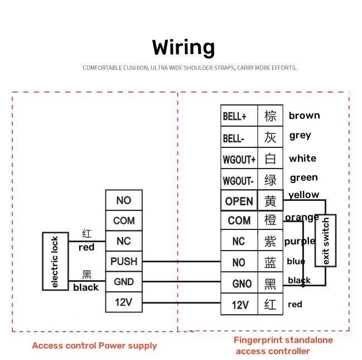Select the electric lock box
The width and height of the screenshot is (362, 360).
tap(54, 262)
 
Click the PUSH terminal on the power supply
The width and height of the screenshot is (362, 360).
tap(123, 261)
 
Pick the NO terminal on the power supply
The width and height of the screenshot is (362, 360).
tap(123, 200)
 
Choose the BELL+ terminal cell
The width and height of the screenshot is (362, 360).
tap(239, 116)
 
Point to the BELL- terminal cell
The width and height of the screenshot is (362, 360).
tap(239, 137)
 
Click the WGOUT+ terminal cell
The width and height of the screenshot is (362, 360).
tap(239, 159)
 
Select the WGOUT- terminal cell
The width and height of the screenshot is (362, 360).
tap(239, 180)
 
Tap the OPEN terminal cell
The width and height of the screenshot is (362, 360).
tap(239, 201)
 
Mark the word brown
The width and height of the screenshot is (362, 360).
tap(304, 116)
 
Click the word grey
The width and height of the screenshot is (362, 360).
tap(300, 136)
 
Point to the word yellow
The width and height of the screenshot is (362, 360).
tap(303, 195)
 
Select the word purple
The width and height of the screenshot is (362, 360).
tap(300, 242)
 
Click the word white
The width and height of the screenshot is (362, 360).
tap(302, 159)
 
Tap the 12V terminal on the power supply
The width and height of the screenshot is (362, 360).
tap(123, 303)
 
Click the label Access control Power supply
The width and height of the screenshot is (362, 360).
tap(94, 345)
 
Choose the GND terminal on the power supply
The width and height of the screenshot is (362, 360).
tap(123, 282)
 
